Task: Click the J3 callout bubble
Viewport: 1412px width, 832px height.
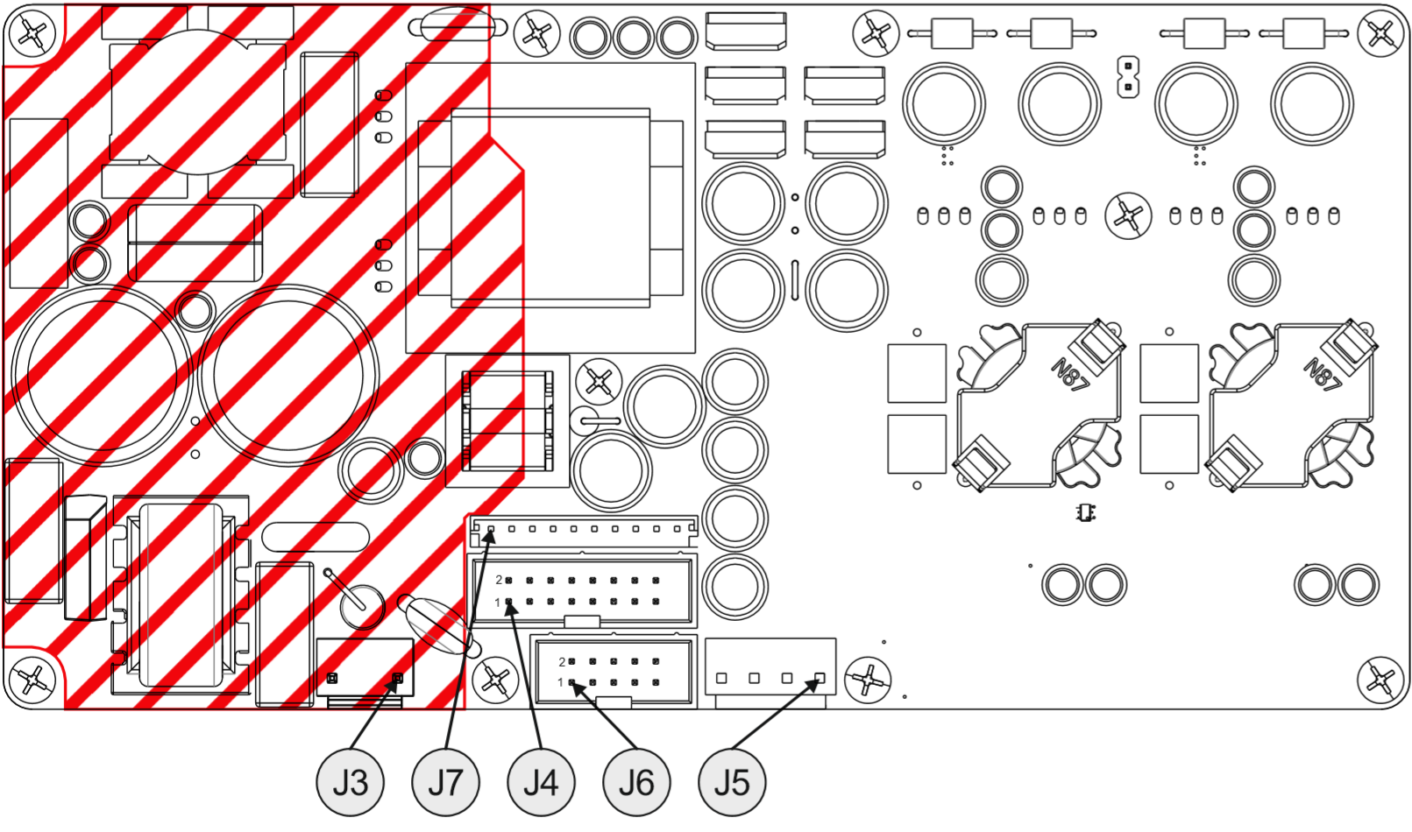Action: click(350, 782)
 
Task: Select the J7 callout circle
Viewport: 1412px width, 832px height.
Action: click(445, 782)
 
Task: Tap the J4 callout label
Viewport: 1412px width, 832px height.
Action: click(541, 782)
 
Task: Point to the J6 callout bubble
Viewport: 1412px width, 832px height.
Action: click(636, 782)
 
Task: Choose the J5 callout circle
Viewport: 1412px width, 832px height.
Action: click(732, 782)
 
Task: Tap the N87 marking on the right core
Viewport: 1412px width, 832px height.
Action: click(1323, 373)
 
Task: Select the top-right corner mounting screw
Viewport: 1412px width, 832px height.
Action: click(1380, 34)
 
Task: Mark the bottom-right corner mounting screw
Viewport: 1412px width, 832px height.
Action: click(1380, 680)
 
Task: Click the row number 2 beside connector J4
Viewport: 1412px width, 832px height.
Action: click(499, 580)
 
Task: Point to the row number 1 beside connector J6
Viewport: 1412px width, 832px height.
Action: click(561, 682)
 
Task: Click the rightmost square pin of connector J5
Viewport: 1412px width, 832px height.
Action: click(820, 678)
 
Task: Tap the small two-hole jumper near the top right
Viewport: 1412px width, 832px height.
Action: click(1128, 77)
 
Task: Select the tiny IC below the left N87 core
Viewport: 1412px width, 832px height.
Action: click(1086, 512)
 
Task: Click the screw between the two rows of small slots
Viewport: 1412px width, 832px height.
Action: click(1128, 215)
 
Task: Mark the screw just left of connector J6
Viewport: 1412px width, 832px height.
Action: click(494, 680)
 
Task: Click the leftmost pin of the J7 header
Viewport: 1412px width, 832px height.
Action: click(491, 529)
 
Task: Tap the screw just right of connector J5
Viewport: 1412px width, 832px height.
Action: click(868, 679)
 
